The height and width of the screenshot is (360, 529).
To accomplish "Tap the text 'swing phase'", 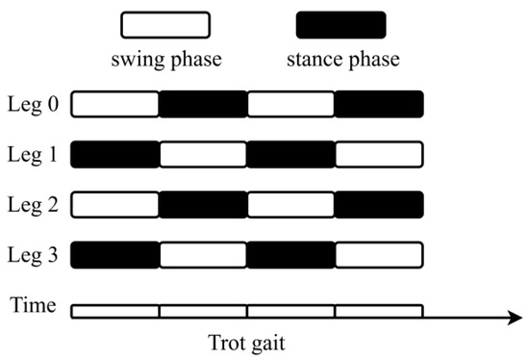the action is pyautogui.click(x=165, y=60).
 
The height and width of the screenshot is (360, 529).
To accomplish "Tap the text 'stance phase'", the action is pyautogui.click(x=341, y=60).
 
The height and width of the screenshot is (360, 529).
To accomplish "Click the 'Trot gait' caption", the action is pyautogui.click(x=247, y=342).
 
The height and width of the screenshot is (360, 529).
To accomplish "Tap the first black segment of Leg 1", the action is pyautogui.click(x=115, y=154).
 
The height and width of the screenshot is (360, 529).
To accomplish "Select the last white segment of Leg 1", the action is pyautogui.click(x=379, y=154).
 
